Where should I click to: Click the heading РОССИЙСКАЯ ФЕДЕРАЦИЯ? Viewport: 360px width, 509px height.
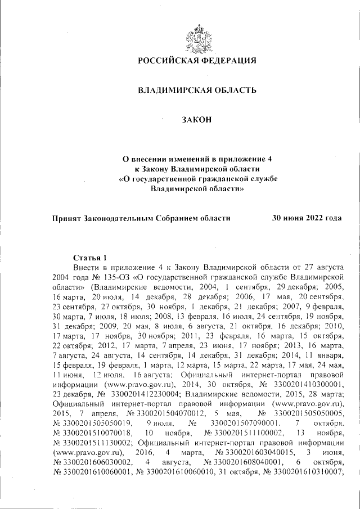(197, 60)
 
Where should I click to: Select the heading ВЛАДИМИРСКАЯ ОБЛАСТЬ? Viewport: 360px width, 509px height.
(197, 90)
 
